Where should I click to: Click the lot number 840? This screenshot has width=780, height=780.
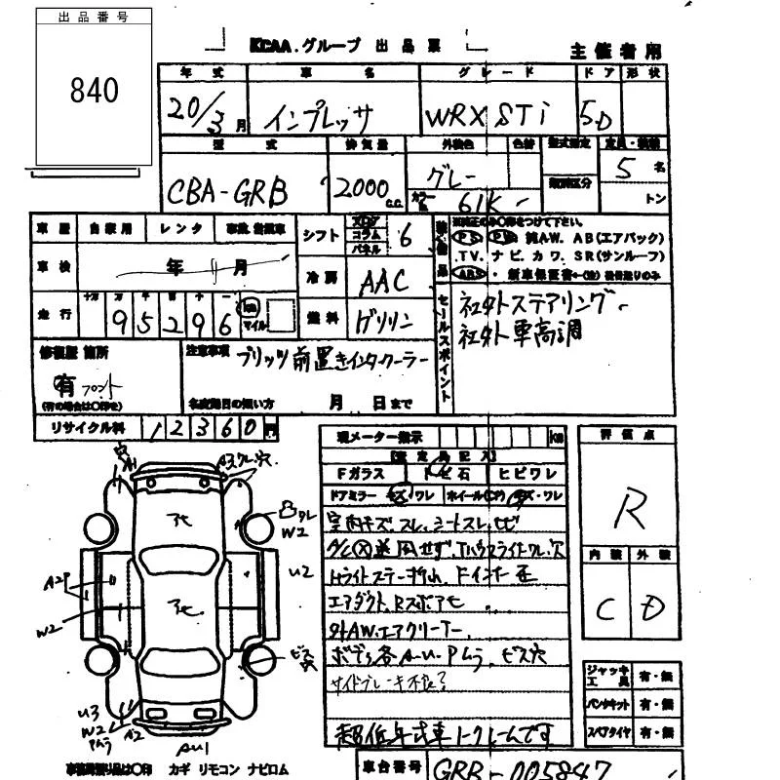point(94,91)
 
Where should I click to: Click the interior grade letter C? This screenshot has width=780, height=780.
point(604,610)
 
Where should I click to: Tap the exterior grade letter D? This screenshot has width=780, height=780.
point(649,608)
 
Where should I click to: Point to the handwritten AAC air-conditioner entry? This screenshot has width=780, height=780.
point(384,281)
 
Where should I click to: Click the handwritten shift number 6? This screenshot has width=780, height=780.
point(404,234)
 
